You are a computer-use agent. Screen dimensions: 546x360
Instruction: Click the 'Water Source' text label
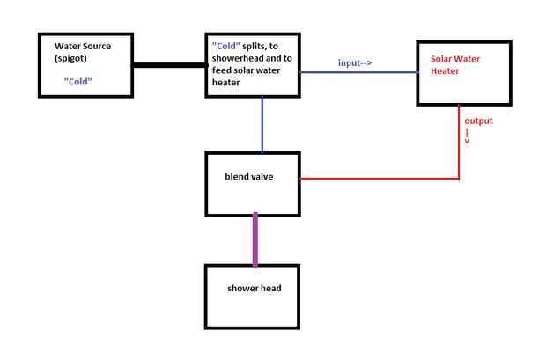(83, 46)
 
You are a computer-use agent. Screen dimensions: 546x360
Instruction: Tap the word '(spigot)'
(70, 58)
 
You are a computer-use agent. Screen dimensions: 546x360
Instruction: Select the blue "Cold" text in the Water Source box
(78, 82)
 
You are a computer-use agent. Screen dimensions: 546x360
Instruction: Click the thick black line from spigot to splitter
(170, 65)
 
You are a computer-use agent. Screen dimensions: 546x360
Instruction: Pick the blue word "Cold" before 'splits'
(226, 46)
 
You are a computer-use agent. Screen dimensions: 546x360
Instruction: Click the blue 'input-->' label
(355, 62)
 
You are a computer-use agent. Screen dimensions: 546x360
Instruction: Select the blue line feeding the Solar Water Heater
(358, 72)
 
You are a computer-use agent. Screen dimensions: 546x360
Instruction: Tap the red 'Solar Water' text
(455, 59)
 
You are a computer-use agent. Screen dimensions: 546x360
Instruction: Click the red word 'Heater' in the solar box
(445, 71)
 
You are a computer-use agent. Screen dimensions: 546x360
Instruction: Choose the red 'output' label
(478, 121)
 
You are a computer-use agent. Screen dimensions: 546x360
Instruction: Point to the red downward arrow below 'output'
(467, 136)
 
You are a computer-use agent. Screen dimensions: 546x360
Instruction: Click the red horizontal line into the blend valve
(380, 179)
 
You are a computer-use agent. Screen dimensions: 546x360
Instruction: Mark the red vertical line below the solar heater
(459, 143)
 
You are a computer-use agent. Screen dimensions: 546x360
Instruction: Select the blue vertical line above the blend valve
(262, 124)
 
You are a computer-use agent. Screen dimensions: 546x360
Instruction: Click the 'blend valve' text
(249, 177)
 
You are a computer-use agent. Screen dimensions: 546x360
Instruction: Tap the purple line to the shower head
(255, 240)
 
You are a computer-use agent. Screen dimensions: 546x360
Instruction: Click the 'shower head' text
(255, 289)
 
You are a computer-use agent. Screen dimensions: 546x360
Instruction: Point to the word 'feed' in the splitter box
(220, 70)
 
